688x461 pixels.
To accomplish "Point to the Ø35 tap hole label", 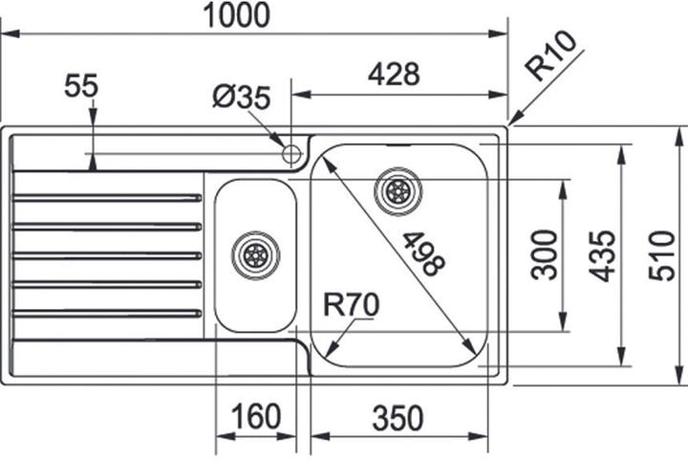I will tap(242, 97).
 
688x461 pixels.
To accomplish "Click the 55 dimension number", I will tap(81, 87).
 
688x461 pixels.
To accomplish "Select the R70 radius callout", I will tap(352, 305).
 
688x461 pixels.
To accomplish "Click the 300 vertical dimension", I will tap(545, 253).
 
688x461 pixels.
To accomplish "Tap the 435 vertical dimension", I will tap(601, 255).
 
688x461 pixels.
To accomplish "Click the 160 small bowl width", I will tap(255, 417).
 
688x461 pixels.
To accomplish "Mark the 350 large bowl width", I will tap(398, 417).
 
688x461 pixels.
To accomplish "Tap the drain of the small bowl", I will tap(255, 253).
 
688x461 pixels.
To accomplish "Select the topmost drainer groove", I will tap(107, 198).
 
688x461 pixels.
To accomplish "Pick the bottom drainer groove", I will tap(107, 312).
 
